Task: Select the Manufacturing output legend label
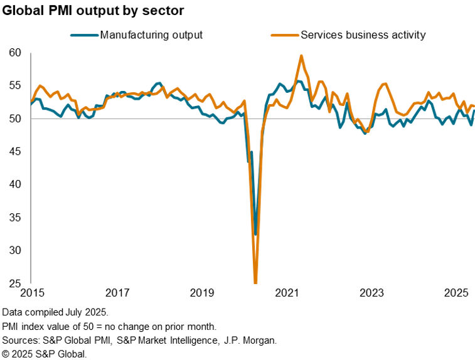point(151,34)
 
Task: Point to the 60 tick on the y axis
point(17,53)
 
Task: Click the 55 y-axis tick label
point(17,86)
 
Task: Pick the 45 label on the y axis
point(17,152)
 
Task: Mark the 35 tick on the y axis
point(17,218)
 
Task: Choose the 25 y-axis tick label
point(17,283)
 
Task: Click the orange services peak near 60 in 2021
point(302,56)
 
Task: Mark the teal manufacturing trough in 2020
point(255,234)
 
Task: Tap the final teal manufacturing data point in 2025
point(474,111)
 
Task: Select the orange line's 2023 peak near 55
point(385,83)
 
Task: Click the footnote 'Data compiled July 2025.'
point(55,312)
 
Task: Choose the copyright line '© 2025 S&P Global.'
point(44,354)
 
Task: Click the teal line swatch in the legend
point(85,34)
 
